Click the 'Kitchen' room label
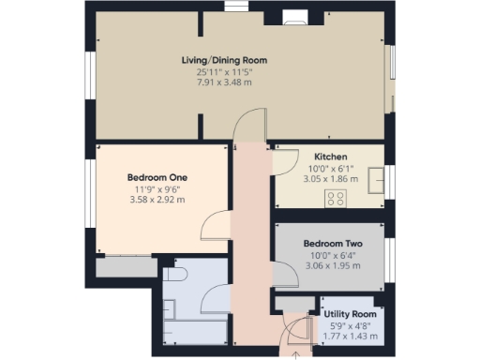(x=331, y=157)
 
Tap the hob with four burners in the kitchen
(x=336, y=197)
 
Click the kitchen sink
(x=377, y=178)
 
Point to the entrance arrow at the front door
(x=297, y=354)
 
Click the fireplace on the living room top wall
(x=293, y=16)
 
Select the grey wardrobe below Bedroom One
(x=126, y=266)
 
